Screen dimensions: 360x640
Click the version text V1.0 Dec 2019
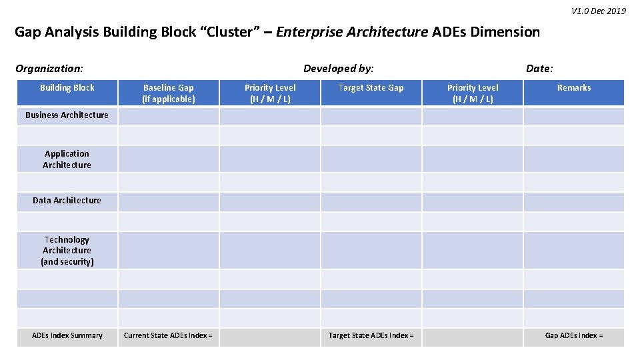(x=598, y=11)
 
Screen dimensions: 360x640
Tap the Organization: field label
(x=49, y=68)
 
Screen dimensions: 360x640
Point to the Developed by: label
(x=338, y=68)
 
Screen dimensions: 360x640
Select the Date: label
(x=539, y=68)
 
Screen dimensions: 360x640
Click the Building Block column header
(x=67, y=88)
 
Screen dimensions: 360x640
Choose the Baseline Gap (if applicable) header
(x=169, y=93)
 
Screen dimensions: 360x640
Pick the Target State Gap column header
(x=371, y=88)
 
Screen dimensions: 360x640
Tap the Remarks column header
(x=574, y=88)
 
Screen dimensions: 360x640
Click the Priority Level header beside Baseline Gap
(x=270, y=93)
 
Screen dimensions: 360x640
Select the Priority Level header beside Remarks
(x=473, y=93)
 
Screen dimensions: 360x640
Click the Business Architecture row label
(x=67, y=115)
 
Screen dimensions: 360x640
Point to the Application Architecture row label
(x=67, y=159)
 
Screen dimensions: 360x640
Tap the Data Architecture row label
(x=67, y=201)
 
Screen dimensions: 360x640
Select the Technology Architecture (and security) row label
(x=67, y=251)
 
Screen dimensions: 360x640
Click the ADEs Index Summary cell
(x=67, y=336)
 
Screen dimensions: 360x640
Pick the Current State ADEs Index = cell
(x=168, y=336)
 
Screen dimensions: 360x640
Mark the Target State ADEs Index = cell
(x=371, y=336)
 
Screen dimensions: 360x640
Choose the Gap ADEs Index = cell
(x=574, y=336)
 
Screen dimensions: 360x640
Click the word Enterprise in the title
(x=310, y=32)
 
